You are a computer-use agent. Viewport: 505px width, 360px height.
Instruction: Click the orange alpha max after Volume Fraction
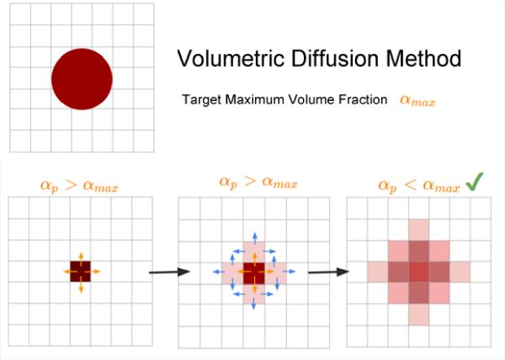point(417,100)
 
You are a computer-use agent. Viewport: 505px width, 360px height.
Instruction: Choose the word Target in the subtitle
point(199,99)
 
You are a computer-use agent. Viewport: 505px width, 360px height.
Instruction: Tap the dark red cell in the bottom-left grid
point(81,272)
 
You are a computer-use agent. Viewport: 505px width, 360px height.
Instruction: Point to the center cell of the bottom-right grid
point(418,272)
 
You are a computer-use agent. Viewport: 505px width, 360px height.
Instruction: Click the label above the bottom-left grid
point(80,183)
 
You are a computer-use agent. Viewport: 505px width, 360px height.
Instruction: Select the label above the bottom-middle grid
point(249,183)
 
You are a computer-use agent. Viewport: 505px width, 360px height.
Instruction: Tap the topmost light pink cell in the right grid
point(418,230)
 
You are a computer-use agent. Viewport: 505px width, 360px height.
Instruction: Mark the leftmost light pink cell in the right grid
point(376,272)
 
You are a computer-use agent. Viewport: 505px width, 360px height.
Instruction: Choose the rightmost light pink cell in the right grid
point(460,272)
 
